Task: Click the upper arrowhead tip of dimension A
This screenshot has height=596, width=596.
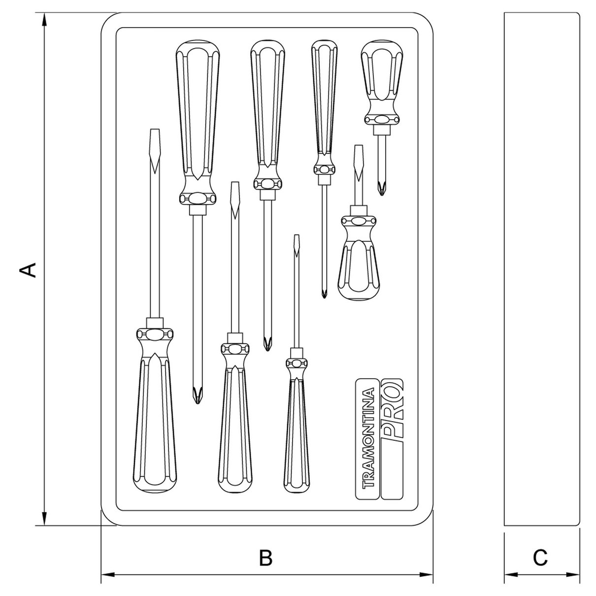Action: [44, 13]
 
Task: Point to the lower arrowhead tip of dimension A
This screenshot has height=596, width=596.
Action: [44, 525]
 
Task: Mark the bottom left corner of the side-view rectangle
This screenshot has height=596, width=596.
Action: [504, 525]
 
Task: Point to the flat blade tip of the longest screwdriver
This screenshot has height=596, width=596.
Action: [155, 129]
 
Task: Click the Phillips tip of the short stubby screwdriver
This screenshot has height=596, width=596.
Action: [382, 195]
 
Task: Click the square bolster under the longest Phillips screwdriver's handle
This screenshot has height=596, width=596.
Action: [198, 210]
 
